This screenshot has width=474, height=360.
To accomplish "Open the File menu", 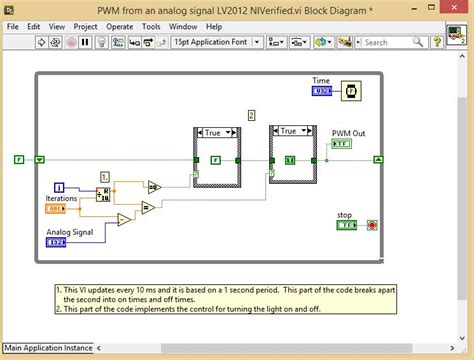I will pos(14,26).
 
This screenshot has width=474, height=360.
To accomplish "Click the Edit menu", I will pos(34,26).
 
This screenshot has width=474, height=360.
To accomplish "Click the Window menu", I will pos(182,26).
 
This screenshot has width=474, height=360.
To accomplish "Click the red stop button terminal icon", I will pos(372,225).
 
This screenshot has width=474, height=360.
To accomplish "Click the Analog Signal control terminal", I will pos(57,242).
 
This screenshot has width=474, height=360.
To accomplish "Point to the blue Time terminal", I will pos(321,91).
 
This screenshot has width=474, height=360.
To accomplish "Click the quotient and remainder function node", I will pos(102,193).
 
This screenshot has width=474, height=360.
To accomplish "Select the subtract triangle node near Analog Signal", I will pos(122,220).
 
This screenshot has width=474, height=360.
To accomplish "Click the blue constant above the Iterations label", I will pos(58,187).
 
